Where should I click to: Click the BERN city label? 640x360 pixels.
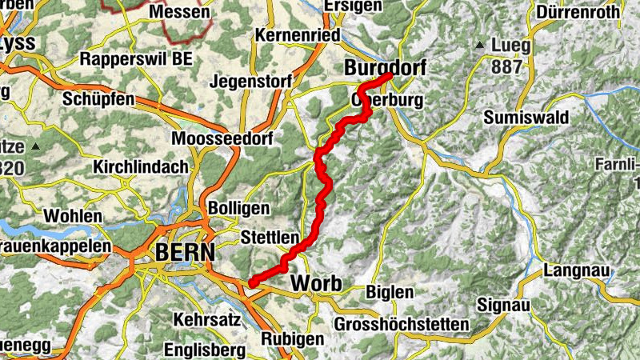point(185,252)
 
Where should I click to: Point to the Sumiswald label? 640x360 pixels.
point(526,118)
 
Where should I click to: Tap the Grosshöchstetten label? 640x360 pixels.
point(402,324)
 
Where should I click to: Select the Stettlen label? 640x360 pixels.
point(270,238)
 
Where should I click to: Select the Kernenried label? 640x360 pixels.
point(298,35)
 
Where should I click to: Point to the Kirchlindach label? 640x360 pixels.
point(141,167)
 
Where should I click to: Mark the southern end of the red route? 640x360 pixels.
point(251,282)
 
